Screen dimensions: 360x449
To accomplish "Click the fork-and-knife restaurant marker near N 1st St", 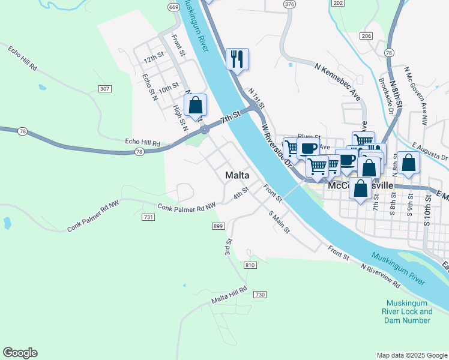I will (x=237, y=59).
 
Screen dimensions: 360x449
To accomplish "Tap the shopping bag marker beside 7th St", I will (x=195, y=106).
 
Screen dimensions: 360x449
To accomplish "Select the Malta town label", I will (x=237, y=175).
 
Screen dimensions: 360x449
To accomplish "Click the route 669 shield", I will (x=173, y=7).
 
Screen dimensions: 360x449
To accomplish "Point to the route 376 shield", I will (x=290, y=4).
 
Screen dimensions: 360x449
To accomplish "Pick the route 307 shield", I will (x=104, y=89).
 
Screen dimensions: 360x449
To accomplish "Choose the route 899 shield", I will (x=218, y=226).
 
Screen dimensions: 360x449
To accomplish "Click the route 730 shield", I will (x=259, y=294).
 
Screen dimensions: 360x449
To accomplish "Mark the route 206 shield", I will (x=366, y=37).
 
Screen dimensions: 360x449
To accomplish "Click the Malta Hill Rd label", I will (x=229, y=295).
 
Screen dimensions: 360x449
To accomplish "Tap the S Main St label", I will (x=279, y=221).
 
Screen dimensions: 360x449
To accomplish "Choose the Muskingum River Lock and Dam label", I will (x=409, y=311).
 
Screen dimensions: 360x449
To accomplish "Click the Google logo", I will (x=20, y=353).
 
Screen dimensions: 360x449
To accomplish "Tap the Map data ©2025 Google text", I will (x=411, y=355).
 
